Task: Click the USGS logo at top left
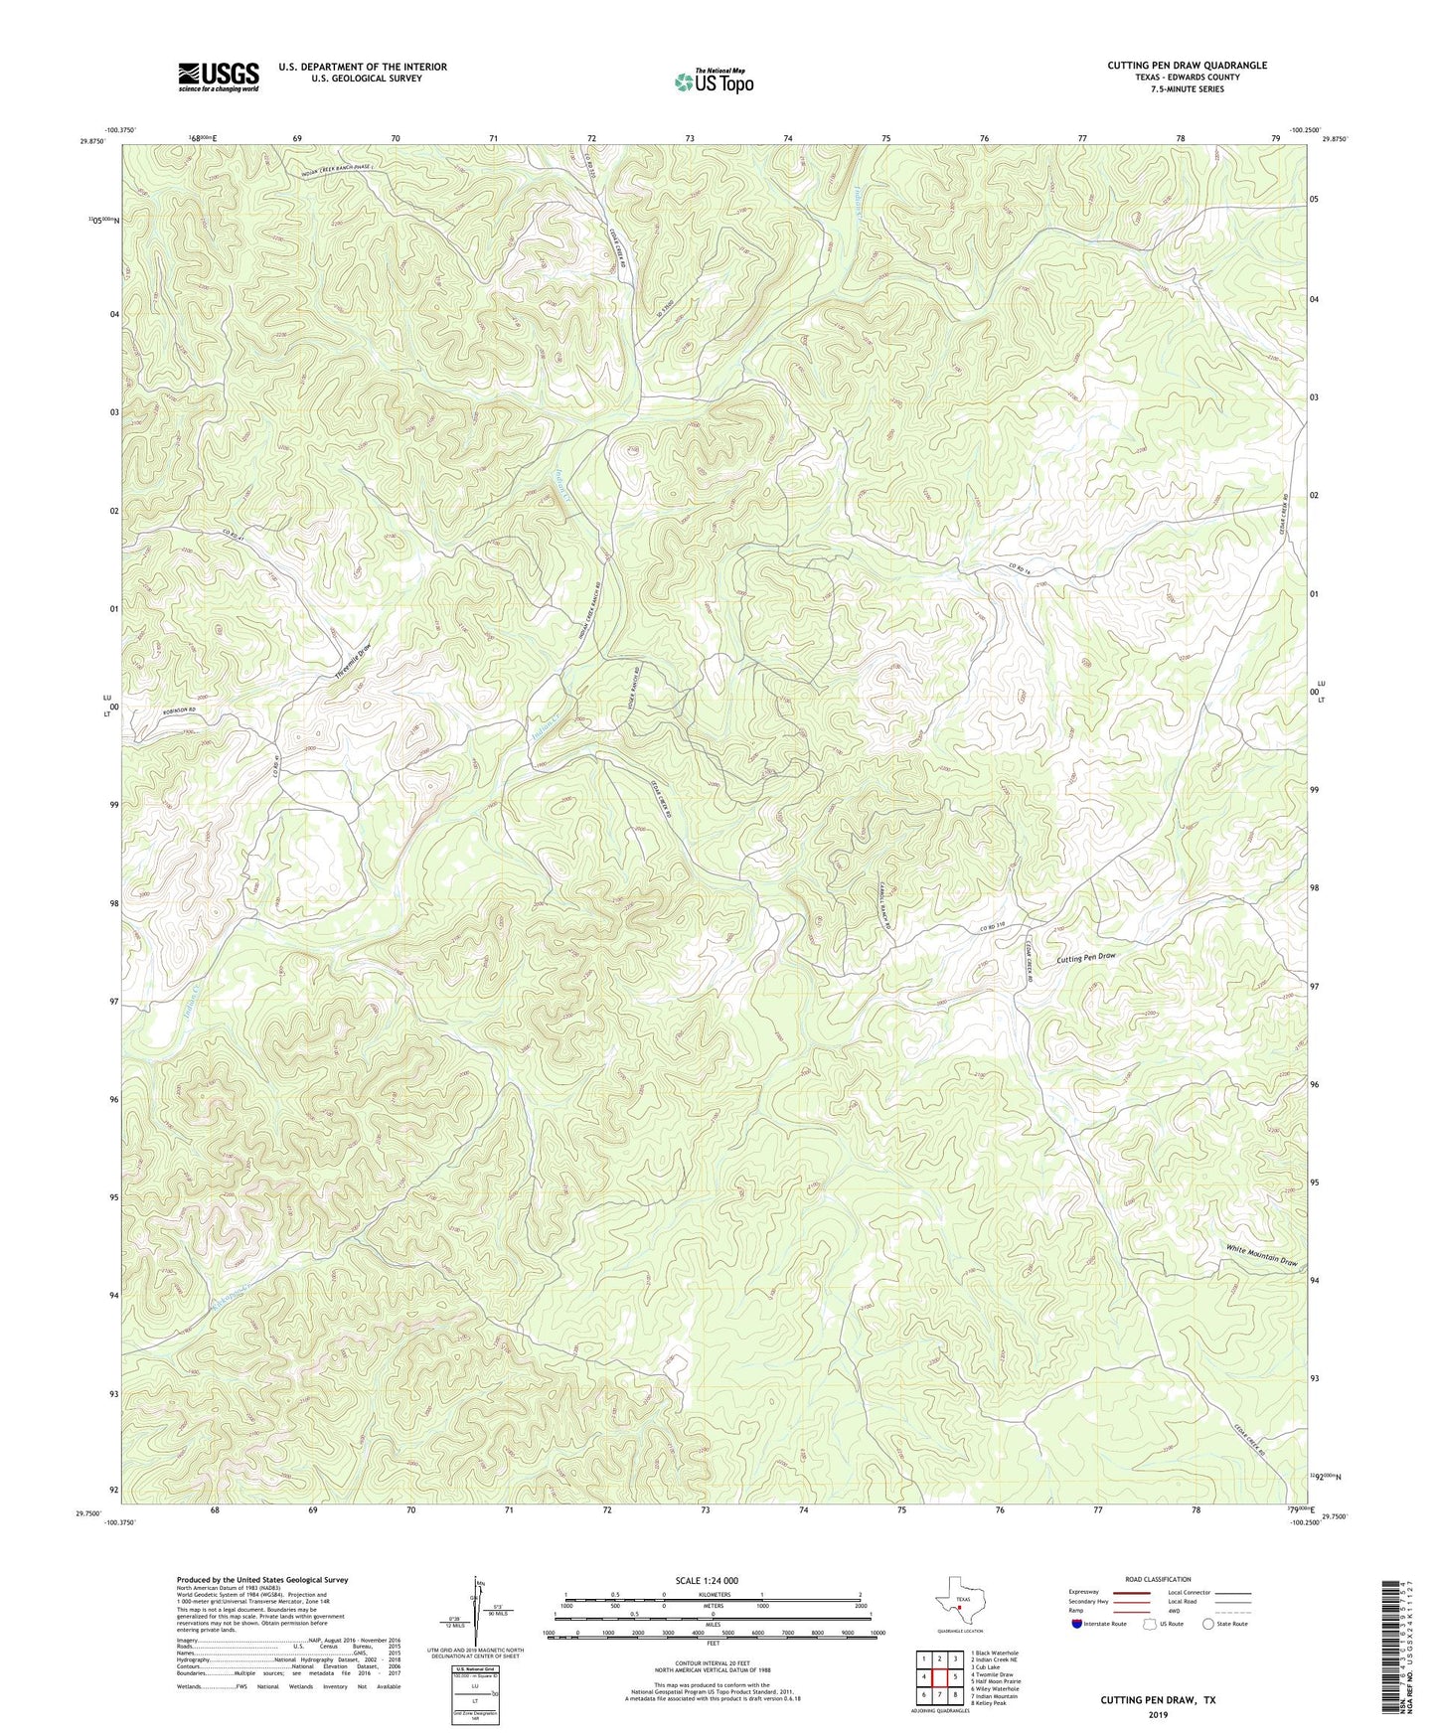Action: tap(219, 77)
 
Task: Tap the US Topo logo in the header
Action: tap(713, 81)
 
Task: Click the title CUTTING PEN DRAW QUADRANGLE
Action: tap(1187, 66)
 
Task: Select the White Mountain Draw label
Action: tap(1261, 1255)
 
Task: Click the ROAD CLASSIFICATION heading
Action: tap(1158, 1579)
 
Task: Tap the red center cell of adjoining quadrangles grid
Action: tap(939, 1676)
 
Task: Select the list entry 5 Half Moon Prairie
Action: tap(995, 1681)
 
